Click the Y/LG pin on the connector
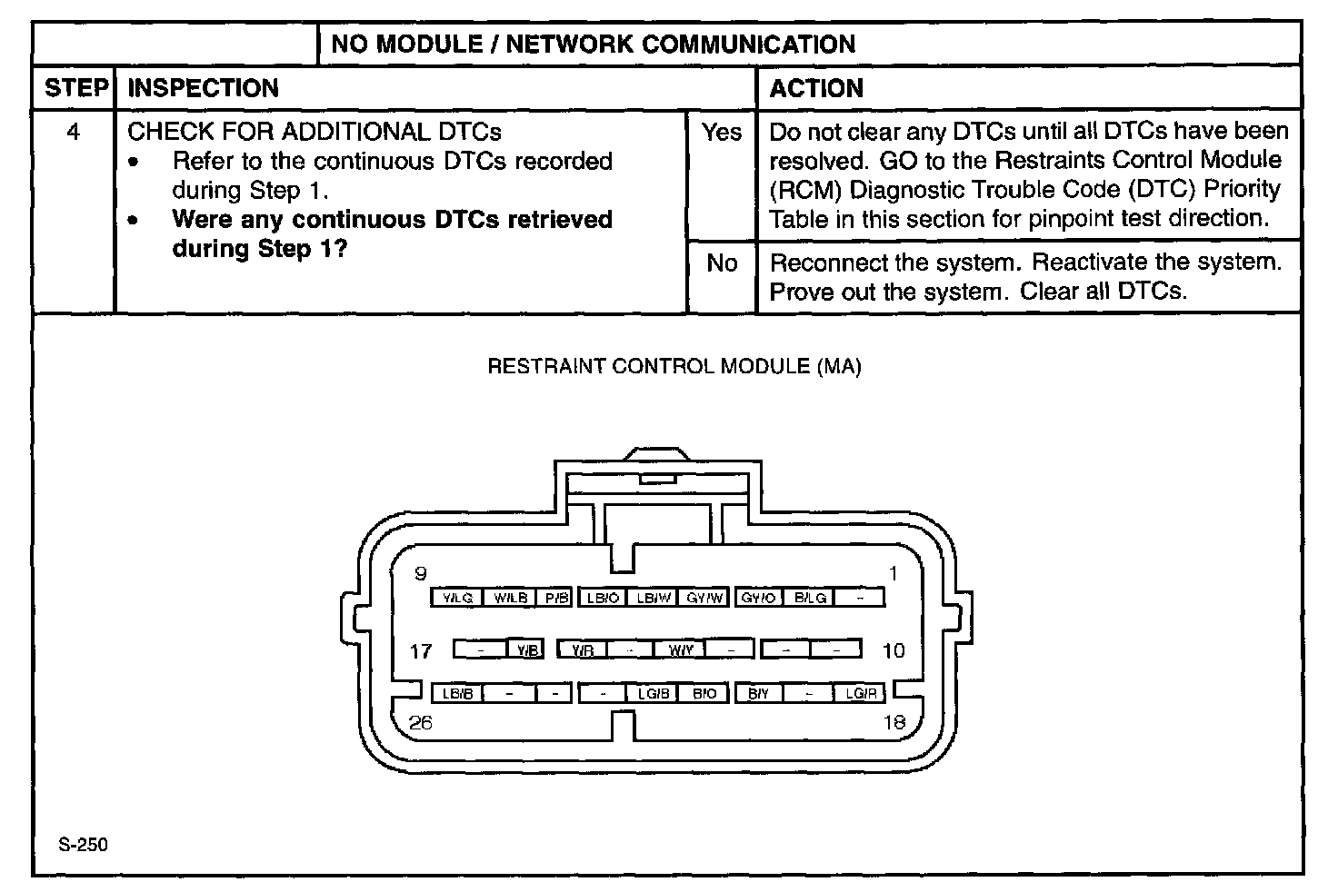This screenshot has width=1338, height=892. (x=457, y=598)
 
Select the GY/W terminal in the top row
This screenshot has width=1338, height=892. (x=704, y=598)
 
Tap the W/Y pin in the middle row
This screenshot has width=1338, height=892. (x=680, y=649)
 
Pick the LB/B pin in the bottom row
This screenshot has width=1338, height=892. (x=457, y=694)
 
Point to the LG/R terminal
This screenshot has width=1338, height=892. (x=860, y=694)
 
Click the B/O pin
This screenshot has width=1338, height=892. (x=704, y=694)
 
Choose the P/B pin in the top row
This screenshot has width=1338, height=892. (x=554, y=598)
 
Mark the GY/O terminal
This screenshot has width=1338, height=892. (x=758, y=598)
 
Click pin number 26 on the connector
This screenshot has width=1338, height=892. (x=421, y=723)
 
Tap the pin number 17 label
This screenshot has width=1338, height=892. (x=421, y=650)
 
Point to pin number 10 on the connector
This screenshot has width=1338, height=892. (x=894, y=650)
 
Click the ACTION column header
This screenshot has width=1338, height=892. (x=816, y=88)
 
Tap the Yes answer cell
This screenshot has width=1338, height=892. (x=722, y=133)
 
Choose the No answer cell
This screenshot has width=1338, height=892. (x=722, y=263)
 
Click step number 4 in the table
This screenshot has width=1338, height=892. (x=74, y=133)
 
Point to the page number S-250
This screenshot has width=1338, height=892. (x=83, y=845)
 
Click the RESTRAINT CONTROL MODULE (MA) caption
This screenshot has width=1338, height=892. (x=674, y=367)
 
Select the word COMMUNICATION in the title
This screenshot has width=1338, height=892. (x=749, y=45)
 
